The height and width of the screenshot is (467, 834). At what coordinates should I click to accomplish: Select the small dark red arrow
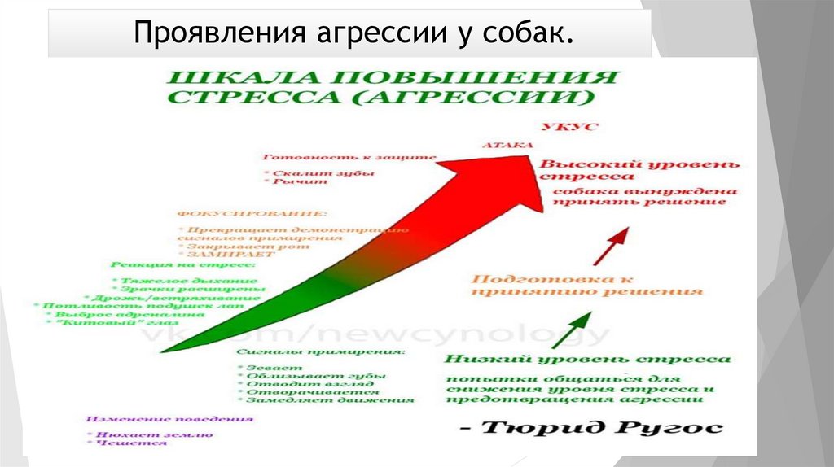[x=611, y=247]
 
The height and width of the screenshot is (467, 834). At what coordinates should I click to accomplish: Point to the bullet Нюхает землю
[x=149, y=434]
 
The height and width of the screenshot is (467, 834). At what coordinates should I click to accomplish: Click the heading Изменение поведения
[x=169, y=418]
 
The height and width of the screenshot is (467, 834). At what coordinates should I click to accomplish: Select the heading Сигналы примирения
[x=322, y=352]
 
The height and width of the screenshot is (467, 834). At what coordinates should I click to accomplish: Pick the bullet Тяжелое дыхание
[x=170, y=278]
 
